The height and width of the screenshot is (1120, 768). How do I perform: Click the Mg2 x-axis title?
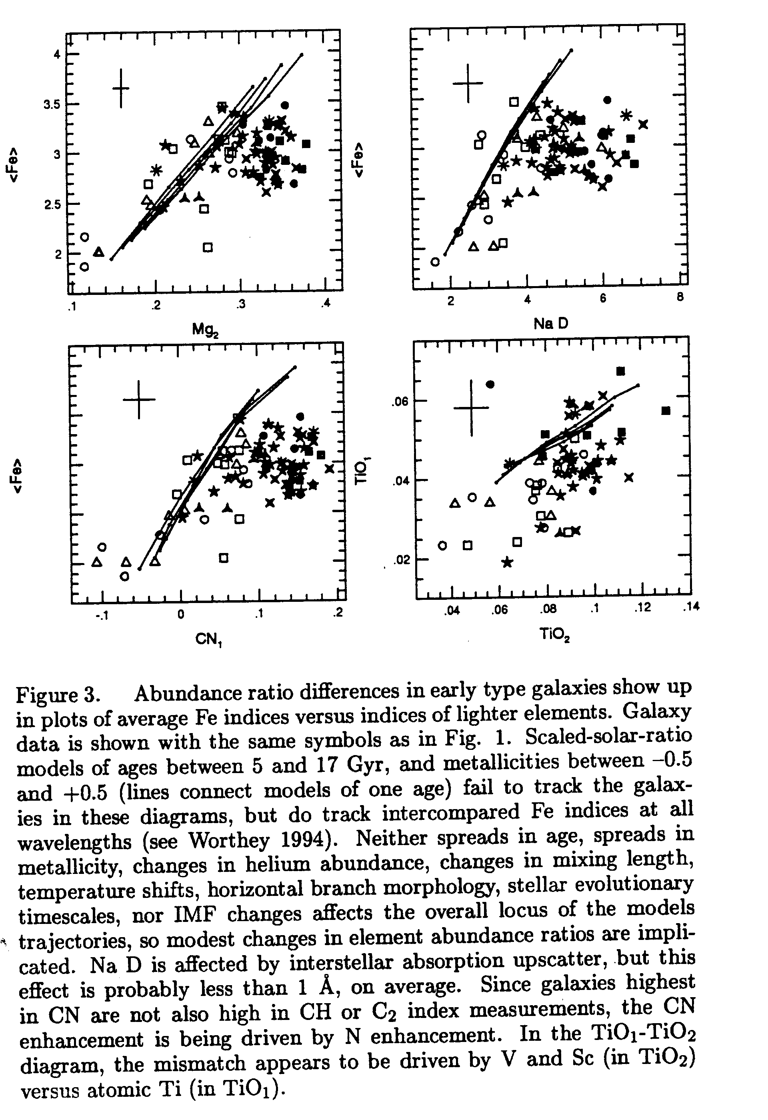(205, 330)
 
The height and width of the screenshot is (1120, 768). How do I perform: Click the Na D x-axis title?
(551, 324)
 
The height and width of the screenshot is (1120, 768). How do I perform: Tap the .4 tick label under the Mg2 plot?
(326, 304)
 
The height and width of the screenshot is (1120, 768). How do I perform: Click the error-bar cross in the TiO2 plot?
(471, 408)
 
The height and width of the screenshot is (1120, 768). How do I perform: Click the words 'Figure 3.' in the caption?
(58, 695)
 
